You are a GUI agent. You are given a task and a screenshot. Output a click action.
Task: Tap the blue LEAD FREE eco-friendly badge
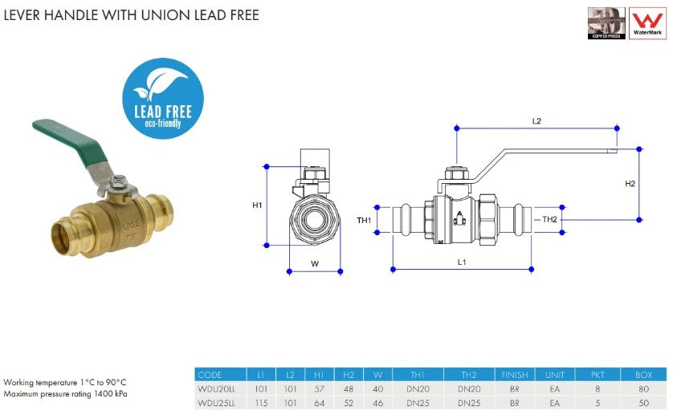163,99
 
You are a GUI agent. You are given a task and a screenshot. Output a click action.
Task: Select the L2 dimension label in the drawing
536,121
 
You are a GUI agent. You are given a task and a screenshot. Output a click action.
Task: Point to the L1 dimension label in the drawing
462,262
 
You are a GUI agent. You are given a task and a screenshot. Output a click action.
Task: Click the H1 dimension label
257,205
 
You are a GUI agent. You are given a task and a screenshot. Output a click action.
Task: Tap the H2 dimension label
630,184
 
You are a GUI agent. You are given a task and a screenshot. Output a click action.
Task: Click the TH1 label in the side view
364,220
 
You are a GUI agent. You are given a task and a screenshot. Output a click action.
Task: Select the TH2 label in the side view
549,219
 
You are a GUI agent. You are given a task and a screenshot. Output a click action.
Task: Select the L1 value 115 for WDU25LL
260,403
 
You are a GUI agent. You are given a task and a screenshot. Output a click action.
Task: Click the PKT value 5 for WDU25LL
597,403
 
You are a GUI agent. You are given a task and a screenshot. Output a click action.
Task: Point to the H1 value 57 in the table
319,388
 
